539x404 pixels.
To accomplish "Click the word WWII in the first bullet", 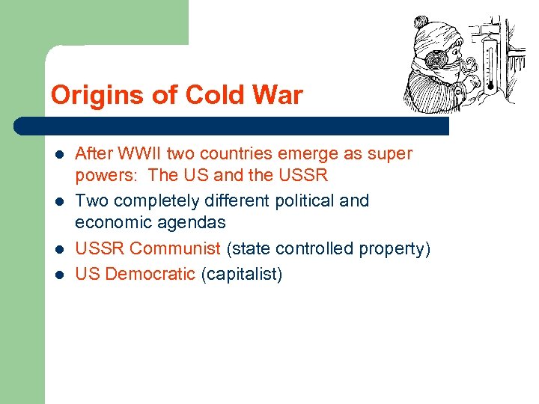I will [x=140, y=154].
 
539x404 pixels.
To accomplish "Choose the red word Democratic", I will [x=150, y=275].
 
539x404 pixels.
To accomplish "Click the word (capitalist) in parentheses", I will [x=242, y=275].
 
